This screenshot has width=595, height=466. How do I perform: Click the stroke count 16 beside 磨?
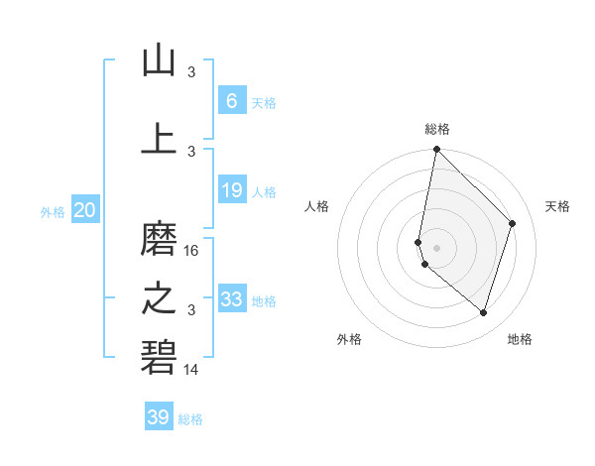(x=191, y=251)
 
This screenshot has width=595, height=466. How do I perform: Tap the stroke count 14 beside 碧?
(x=191, y=370)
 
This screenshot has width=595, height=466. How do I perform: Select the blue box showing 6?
(x=231, y=100)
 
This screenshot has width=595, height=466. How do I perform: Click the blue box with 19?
(x=231, y=190)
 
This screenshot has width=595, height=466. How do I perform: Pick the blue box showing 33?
(x=231, y=298)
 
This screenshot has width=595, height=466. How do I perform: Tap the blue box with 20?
(x=85, y=209)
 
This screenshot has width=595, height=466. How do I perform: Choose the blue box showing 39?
(x=159, y=417)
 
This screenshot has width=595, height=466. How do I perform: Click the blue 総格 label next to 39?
(x=190, y=420)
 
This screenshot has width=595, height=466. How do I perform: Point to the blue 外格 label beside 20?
(x=53, y=212)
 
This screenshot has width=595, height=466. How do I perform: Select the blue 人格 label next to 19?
(x=264, y=193)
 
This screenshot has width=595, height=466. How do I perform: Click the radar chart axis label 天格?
(x=557, y=206)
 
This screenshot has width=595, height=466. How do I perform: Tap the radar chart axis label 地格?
(x=520, y=339)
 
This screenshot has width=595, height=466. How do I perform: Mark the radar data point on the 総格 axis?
(x=436, y=150)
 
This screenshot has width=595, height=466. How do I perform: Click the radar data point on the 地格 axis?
(x=484, y=313)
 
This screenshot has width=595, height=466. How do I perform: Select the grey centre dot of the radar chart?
(x=436, y=247)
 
